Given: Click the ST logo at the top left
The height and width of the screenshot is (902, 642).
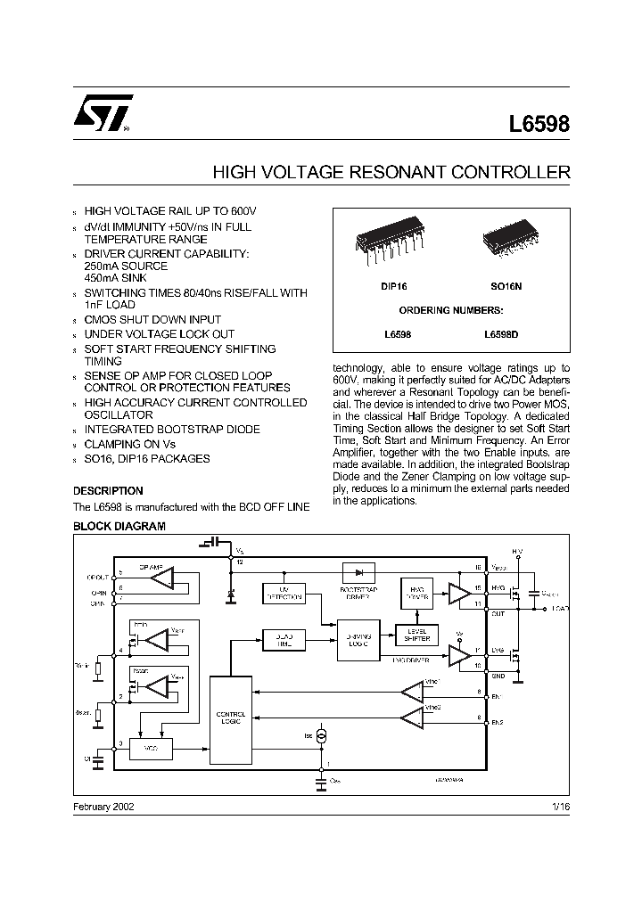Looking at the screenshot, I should coord(103,111).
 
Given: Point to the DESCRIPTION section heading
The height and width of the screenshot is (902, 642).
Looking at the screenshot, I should coord(108,491).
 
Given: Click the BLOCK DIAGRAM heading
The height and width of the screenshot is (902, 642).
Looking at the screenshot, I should coord(119,527).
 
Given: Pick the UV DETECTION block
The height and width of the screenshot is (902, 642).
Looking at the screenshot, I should coord(284,594).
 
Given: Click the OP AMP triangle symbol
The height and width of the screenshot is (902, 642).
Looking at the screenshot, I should coord(163,579).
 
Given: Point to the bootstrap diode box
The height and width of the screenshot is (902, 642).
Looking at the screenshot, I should coord(358,573).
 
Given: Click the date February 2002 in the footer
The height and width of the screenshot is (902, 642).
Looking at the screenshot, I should coord(103,805).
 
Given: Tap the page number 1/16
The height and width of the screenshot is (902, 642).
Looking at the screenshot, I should coord(560,805).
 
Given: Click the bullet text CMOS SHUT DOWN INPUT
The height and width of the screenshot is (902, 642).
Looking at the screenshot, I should coord(152,319).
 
